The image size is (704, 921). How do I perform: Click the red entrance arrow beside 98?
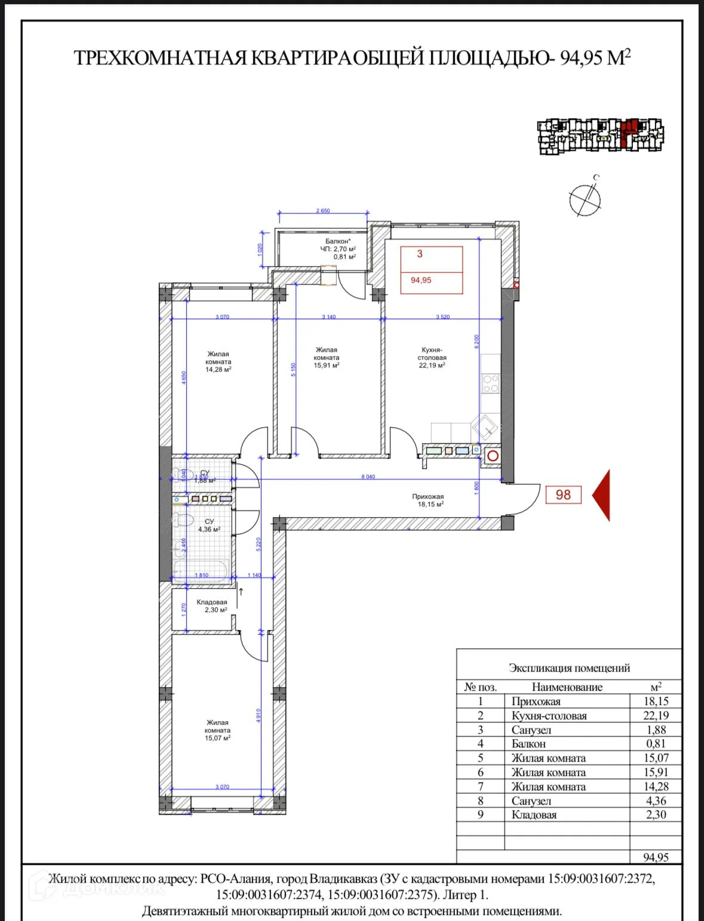[x=602, y=495]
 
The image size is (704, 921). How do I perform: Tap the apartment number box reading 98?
[x=563, y=495]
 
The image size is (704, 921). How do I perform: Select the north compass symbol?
[x=585, y=199]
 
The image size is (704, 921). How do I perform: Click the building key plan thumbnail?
[x=601, y=137]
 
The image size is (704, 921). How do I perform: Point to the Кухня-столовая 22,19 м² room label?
[x=432, y=358]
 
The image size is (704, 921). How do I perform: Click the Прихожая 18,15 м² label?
[x=428, y=500]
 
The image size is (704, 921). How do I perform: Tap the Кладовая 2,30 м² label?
[x=211, y=606]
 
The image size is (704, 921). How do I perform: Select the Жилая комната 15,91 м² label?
[x=327, y=358]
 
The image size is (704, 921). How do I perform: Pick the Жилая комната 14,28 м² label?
[x=218, y=361]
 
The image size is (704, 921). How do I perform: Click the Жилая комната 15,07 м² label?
[x=217, y=730]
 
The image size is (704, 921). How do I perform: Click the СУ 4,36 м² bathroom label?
[x=209, y=525]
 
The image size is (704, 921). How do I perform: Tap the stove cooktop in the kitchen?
[x=491, y=383]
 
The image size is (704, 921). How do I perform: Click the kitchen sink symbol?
[x=485, y=427]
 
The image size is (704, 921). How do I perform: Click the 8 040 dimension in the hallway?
[x=368, y=477]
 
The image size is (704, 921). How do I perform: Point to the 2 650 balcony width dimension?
[x=323, y=211]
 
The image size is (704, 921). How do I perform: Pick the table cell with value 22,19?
[x=656, y=716]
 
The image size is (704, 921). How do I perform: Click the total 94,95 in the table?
[x=656, y=857]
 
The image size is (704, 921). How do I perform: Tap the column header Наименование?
[x=567, y=687]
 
